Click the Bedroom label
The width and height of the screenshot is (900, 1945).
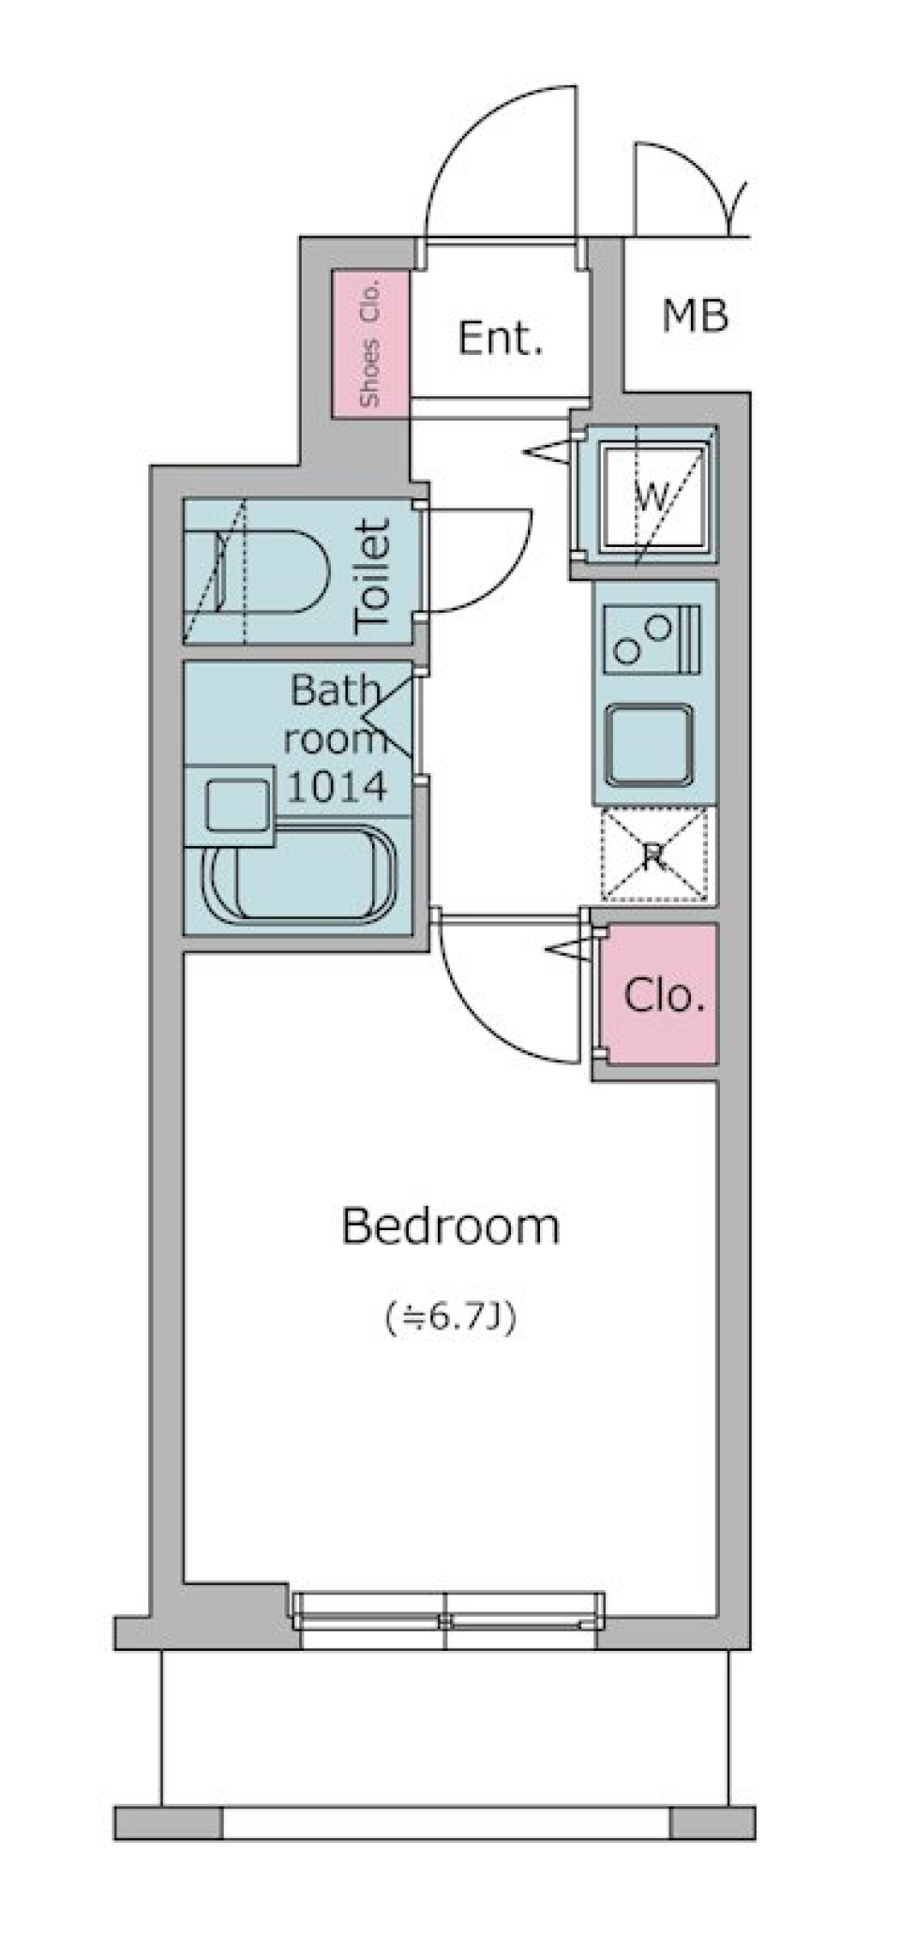450,1226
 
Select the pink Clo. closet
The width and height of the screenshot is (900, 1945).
663,994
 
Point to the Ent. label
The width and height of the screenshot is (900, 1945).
501,337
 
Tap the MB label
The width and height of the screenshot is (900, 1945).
695,316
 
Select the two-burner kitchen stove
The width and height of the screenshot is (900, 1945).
652,640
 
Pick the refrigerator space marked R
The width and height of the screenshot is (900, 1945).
653,855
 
